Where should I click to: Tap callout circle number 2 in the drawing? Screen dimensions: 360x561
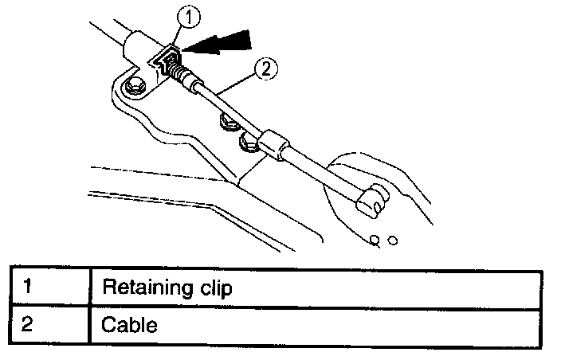[x=267, y=69]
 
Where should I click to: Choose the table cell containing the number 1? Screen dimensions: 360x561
[x=47, y=288]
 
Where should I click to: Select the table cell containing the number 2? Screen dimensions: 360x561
[x=47, y=325]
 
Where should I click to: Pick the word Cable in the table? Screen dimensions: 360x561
[x=130, y=325]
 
